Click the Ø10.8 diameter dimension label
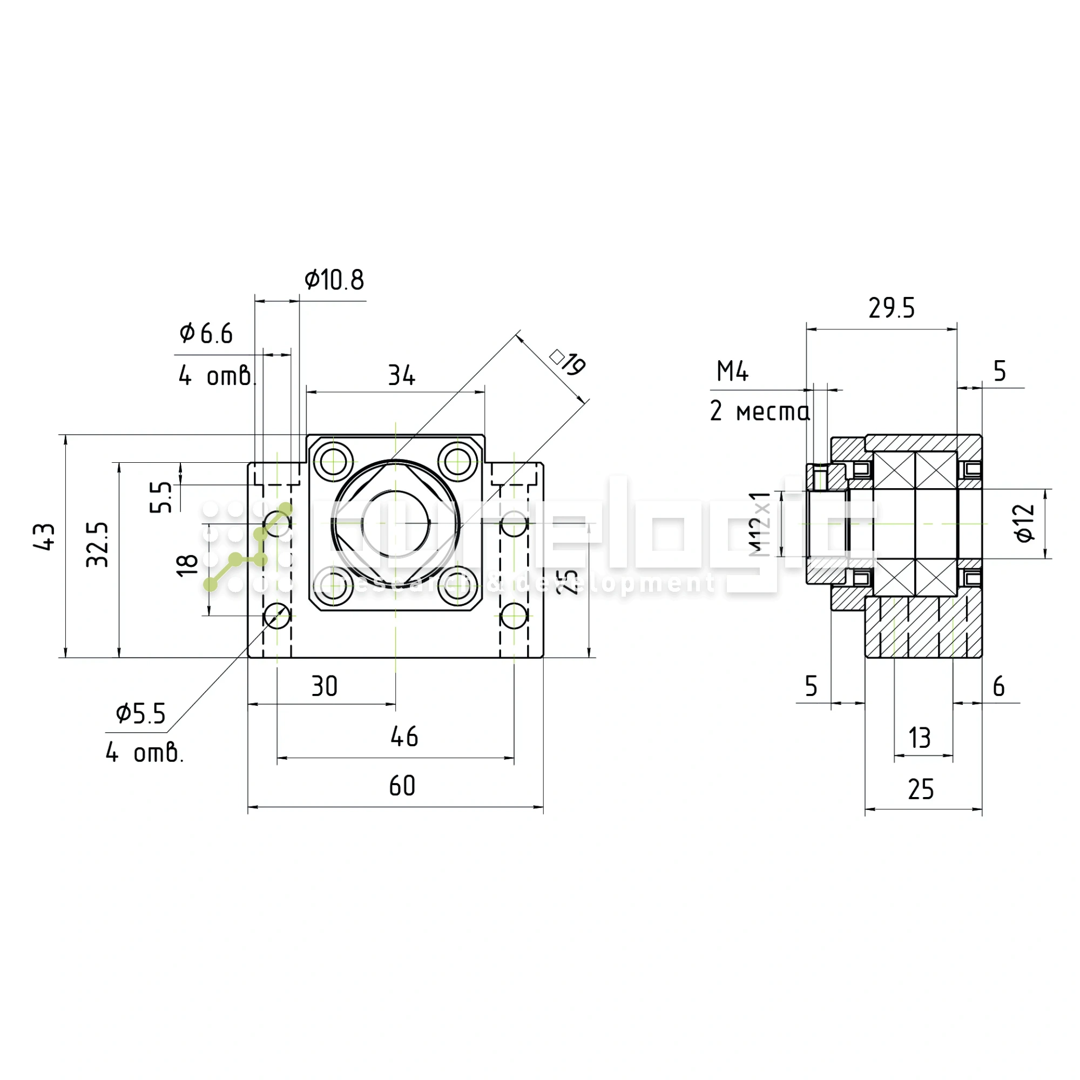point(334,280)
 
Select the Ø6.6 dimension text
point(206,334)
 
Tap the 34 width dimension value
point(401,376)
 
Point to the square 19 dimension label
point(568,363)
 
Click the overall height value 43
point(45,537)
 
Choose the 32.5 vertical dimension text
point(98,544)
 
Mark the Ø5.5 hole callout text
point(141,714)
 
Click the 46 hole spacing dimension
point(404,737)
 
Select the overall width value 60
point(402,786)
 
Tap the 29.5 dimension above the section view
point(891,308)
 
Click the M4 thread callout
point(732,372)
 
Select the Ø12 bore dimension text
point(1025,523)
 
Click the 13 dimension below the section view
point(920,738)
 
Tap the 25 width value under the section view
point(921,789)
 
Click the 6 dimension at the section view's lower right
point(999,686)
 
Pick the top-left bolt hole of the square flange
point(333,462)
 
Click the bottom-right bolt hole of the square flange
point(458,586)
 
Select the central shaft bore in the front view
point(395,524)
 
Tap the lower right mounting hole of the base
point(514,617)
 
